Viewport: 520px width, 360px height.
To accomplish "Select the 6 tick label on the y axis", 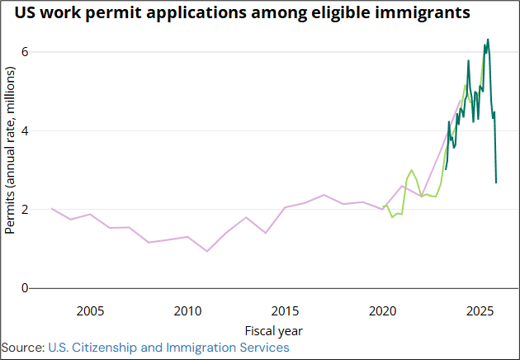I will click(25, 51).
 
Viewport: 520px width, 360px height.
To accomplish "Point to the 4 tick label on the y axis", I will click(25, 130).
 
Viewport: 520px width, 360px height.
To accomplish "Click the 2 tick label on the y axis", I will click(25, 209).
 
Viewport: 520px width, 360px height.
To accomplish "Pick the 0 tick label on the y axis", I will click(25, 288).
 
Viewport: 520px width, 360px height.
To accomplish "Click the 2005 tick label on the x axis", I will click(90, 311).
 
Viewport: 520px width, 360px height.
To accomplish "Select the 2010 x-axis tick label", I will click(187, 311).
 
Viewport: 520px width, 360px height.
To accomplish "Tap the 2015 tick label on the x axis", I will click(285, 311).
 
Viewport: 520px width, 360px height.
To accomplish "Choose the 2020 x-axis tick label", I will click(382, 311).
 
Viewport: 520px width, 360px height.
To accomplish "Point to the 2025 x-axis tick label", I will click(480, 311).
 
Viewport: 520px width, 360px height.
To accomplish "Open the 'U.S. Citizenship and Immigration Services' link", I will click(169, 348).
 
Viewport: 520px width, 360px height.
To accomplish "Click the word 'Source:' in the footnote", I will click(23, 348).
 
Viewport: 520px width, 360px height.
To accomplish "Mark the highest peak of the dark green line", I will click(488, 39).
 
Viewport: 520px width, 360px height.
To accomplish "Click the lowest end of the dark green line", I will click(496, 182).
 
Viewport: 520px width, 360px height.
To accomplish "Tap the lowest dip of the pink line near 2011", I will click(206, 251).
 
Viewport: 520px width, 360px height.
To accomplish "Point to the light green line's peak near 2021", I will click(412, 170).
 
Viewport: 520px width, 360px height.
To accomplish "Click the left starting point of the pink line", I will click(51, 208).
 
